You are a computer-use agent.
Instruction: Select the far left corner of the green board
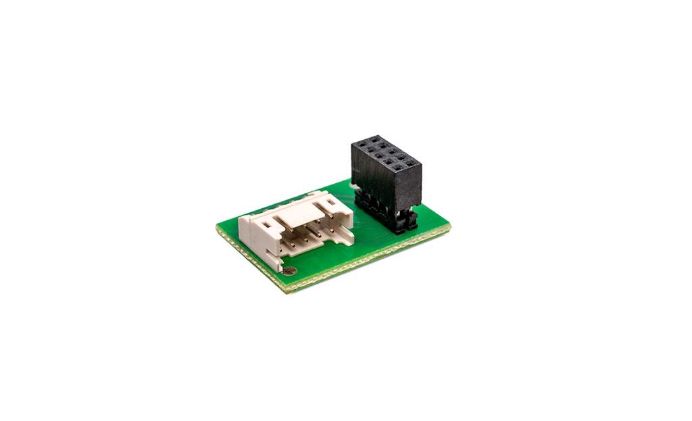point(216,226)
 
